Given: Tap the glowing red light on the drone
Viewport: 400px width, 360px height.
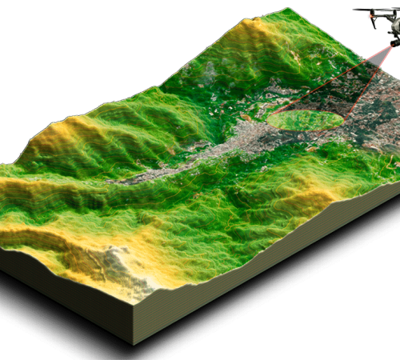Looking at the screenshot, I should click(x=371, y=14).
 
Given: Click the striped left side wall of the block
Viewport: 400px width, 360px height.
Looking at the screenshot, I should click(x=64, y=296).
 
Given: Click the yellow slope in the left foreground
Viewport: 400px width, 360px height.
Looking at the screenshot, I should click(x=48, y=232).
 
